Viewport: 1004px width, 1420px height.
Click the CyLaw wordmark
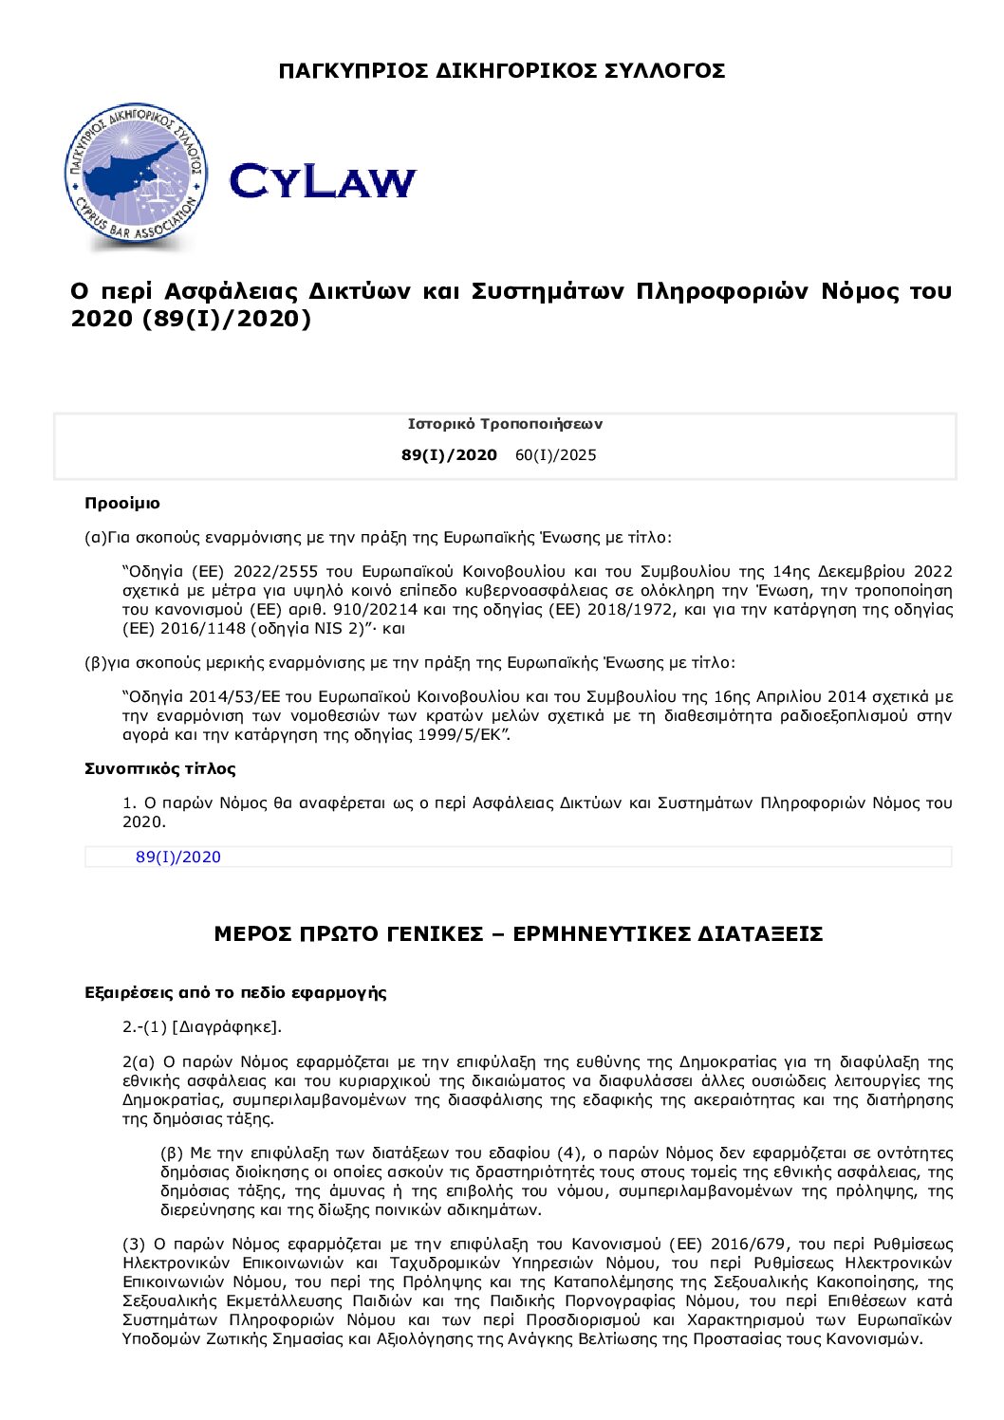point(323,180)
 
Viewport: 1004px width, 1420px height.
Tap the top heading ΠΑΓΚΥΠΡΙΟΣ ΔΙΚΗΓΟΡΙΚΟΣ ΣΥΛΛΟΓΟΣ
point(502,71)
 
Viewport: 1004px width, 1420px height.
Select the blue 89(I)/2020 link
point(178,858)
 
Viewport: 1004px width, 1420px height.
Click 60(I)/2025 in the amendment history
point(556,455)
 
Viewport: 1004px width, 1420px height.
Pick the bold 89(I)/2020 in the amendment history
point(449,455)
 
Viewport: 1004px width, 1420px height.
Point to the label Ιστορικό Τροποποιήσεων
point(505,424)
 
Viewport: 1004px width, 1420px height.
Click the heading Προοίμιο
point(122,504)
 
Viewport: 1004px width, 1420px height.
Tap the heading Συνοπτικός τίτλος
point(160,769)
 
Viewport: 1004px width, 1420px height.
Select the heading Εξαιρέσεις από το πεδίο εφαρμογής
point(235,993)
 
